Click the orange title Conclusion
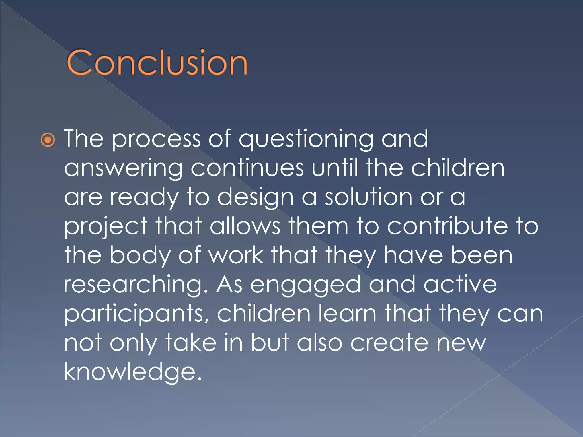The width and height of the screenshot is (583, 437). pos(157,62)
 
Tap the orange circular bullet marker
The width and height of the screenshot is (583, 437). pos(48,140)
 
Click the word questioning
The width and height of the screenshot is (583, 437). pos(306,139)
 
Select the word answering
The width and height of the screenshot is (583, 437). pos(123,168)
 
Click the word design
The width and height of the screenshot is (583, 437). pos(255,197)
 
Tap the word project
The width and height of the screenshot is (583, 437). pos(106,227)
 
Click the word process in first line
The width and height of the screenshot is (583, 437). pos(156,140)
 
